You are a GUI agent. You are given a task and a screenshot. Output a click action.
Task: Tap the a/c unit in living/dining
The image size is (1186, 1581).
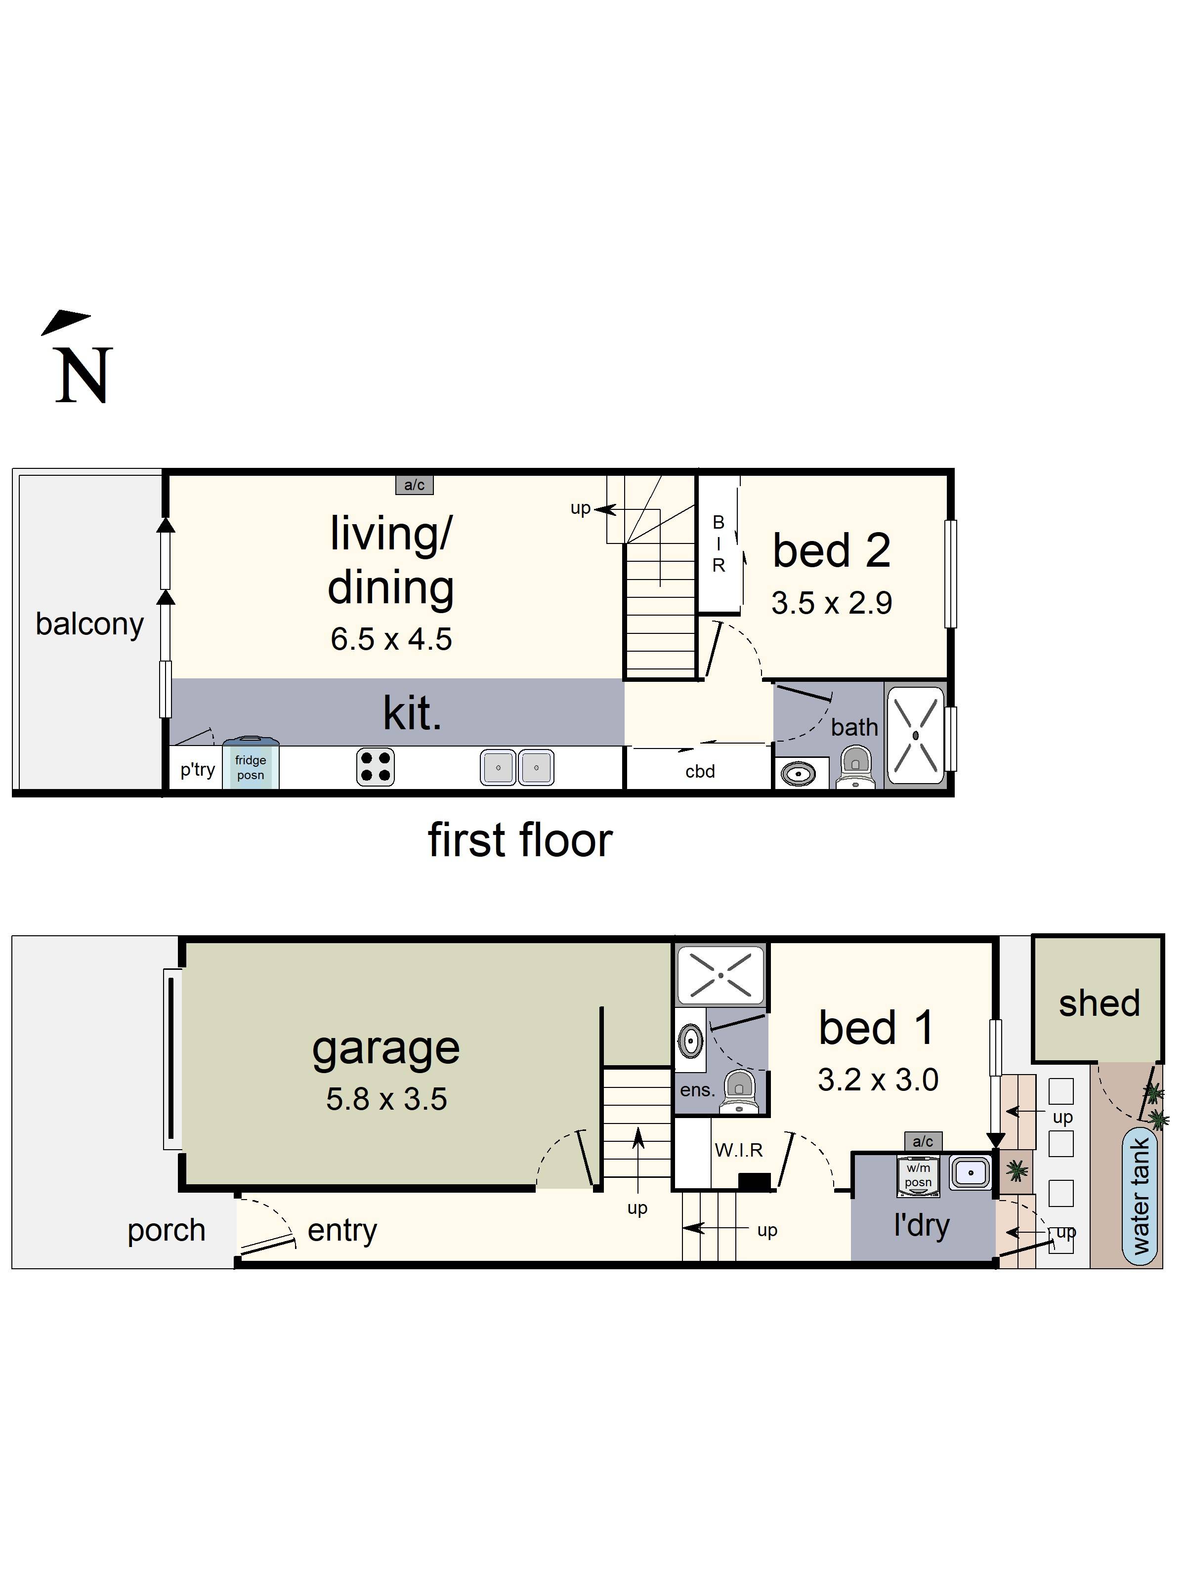(414, 485)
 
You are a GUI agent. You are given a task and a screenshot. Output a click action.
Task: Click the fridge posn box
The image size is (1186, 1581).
(250, 766)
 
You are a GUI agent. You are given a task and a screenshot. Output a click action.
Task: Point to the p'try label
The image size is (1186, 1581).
(197, 769)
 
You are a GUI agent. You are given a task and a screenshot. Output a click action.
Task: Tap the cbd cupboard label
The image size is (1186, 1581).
(699, 771)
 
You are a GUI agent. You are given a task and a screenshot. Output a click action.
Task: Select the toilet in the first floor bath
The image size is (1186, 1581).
(856, 765)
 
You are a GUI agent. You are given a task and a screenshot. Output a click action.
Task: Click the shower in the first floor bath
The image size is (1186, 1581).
(915, 735)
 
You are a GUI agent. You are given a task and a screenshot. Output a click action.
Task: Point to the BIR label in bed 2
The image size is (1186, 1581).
(719, 544)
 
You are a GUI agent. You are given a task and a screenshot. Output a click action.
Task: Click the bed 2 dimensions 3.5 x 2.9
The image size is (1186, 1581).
(831, 603)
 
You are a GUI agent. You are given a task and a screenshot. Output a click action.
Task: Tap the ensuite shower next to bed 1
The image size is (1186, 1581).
(720, 975)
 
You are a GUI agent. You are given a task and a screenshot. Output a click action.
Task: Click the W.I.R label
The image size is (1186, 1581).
(738, 1150)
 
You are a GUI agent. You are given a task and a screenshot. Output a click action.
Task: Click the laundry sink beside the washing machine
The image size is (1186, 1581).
(970, 1173)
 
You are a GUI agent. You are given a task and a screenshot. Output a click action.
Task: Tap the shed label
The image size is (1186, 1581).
(1099, 1003)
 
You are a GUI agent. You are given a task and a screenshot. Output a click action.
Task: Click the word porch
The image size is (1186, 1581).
(166, 1231)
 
